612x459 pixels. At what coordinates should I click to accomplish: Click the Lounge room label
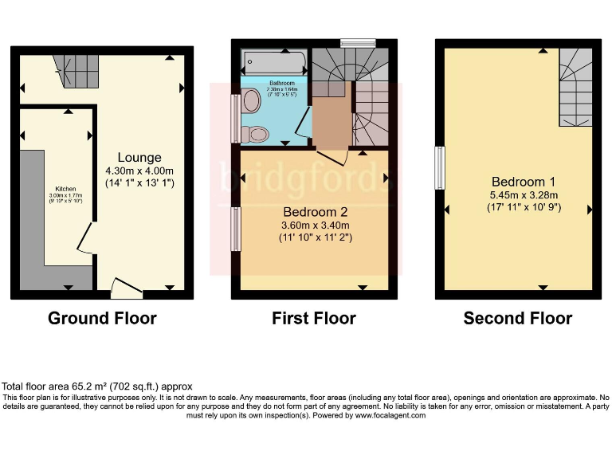tap(139, 158)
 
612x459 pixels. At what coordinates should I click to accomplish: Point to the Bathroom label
tap(282, 83)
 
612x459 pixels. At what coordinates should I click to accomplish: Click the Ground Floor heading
tap(102, 319)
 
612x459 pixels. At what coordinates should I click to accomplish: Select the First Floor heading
tap(314, 319)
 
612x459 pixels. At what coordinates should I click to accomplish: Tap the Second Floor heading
tap(518, 319)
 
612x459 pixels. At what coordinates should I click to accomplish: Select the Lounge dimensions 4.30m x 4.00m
tap(139, 171)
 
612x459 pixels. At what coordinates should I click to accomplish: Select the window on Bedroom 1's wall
tap(439, 167)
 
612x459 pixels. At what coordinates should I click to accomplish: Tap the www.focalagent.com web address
tap(390, 415)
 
